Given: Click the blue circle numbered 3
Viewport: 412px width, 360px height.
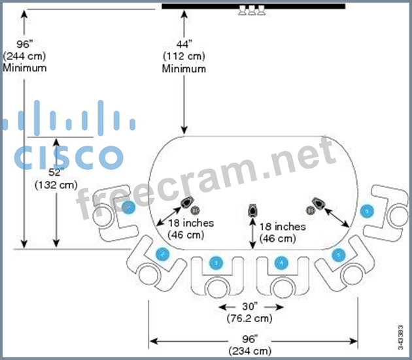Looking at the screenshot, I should [216, 263].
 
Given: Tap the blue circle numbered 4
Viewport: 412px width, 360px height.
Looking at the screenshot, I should [282, 263].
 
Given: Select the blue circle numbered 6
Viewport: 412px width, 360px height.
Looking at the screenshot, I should [367, 211].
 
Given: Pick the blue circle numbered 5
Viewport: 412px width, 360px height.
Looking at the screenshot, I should [337, 254].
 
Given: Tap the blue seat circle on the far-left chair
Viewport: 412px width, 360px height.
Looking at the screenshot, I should [129, 208].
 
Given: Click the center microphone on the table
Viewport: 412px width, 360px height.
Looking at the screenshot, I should [252, 210].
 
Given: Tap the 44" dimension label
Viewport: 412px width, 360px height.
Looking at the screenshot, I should [184, 44].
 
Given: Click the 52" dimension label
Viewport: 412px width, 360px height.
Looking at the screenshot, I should [56, 172].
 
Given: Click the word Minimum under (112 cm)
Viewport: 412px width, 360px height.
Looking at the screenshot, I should [184, 69].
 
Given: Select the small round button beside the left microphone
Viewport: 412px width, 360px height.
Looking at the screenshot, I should [194, 209].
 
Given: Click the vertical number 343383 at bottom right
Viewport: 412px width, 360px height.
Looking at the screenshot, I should [400, 335].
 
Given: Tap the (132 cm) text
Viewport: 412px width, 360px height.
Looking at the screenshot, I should [56, 185].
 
